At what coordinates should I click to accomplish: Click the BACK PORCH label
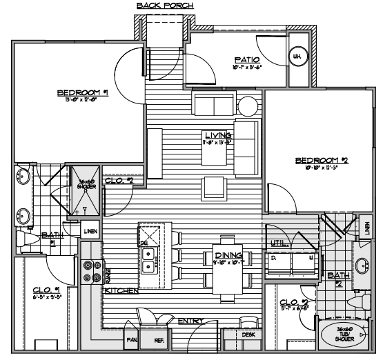point(165,6)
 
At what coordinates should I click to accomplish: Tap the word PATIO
point(247,60)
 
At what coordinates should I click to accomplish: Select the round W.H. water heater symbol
point(299,57)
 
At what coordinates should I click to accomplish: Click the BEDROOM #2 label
point(315,161)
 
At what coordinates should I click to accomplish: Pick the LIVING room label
point(218,135)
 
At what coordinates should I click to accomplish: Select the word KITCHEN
point(121,291)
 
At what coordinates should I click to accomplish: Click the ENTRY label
point(189,321)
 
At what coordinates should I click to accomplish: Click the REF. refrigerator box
point(157,339)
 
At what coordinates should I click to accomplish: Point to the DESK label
point(249,335)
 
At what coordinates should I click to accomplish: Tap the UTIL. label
point(278,242)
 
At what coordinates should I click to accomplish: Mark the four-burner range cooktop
point(88,271)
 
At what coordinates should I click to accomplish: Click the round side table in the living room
point(247,106)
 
